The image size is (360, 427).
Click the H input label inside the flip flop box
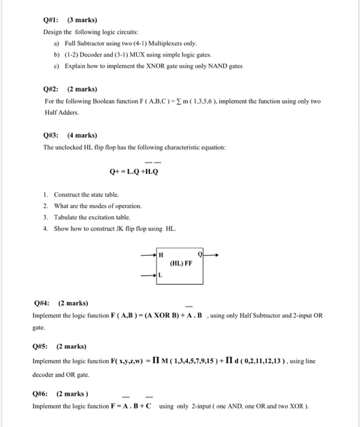point(161,253)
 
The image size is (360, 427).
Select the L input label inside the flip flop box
point(160,276)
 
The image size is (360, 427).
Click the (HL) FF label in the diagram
point(181,264)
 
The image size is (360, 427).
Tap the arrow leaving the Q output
point(209,254)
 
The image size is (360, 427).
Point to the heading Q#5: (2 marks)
point(59,346)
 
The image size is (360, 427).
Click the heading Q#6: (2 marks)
point(59,393)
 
